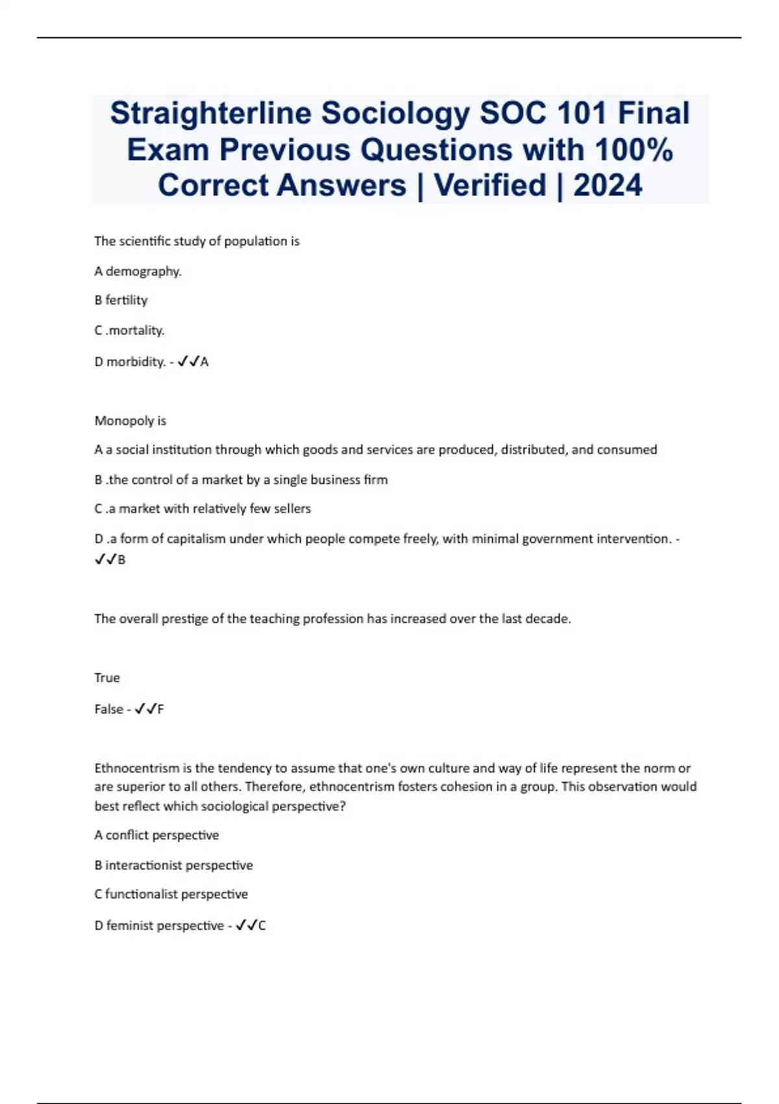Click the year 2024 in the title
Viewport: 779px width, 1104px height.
tap(608, 186)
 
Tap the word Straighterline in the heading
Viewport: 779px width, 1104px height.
tap(210, 114)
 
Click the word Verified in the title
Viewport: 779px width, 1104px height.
tap(490, 186)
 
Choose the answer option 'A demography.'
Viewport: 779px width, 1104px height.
tap(138, 271)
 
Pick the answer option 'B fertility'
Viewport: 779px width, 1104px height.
tap(121, 300)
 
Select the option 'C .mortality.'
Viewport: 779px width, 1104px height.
tap(129, 331)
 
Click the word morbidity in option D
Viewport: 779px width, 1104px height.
tap(135, 362)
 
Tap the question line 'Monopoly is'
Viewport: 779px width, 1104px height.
tap(130, 421)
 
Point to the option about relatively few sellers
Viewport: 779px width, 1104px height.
tap(203, 508)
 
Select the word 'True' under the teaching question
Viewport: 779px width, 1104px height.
tap(106, 678)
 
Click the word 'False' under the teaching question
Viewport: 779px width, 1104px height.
tap(108, 709)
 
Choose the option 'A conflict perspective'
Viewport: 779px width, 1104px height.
tap(156, 835)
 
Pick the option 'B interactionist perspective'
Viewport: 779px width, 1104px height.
tap(173, 866)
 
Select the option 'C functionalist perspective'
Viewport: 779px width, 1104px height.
tap(171, 894)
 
